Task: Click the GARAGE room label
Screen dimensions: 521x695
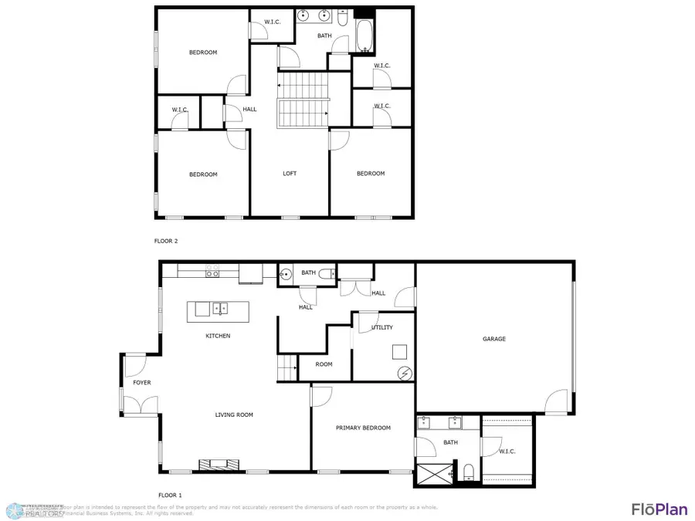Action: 494,339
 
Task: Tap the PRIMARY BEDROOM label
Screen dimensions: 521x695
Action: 363,428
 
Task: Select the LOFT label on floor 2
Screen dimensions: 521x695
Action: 290,174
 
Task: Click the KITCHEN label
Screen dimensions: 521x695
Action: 218,336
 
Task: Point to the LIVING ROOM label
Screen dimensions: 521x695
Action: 234,415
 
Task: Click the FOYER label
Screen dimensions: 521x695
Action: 142,383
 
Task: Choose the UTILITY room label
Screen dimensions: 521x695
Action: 382,327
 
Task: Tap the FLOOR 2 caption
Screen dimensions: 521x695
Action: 166,242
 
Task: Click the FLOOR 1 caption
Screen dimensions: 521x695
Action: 170,495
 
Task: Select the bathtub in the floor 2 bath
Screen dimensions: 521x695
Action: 364,35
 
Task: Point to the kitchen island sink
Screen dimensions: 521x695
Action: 221,309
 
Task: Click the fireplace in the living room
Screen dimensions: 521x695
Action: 214,465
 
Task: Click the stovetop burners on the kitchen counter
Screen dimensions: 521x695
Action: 212,272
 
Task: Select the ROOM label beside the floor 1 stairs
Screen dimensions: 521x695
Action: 324,364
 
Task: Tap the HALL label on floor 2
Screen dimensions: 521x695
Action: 249,110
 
